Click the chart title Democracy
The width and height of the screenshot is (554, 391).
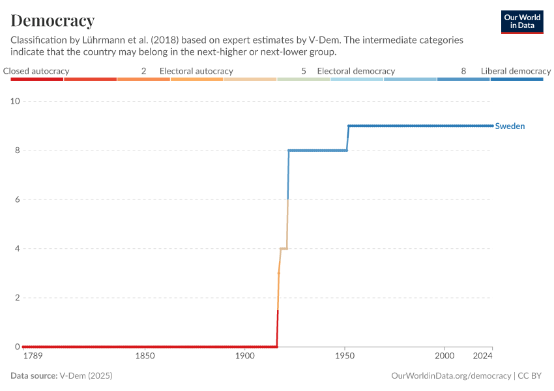53,20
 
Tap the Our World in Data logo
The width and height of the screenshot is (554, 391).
522,22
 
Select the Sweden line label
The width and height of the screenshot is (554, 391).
510,126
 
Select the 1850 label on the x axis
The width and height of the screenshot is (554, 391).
145,356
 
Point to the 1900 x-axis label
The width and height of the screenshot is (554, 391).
245,356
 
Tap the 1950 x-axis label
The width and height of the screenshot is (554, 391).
345,356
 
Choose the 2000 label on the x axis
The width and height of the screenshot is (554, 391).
445,356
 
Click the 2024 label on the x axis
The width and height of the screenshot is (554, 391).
483,356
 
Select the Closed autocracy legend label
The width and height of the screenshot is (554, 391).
36,71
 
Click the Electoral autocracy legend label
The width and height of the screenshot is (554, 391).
196,71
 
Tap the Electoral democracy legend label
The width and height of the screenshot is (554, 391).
356,71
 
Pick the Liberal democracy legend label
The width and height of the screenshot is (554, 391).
516,71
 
